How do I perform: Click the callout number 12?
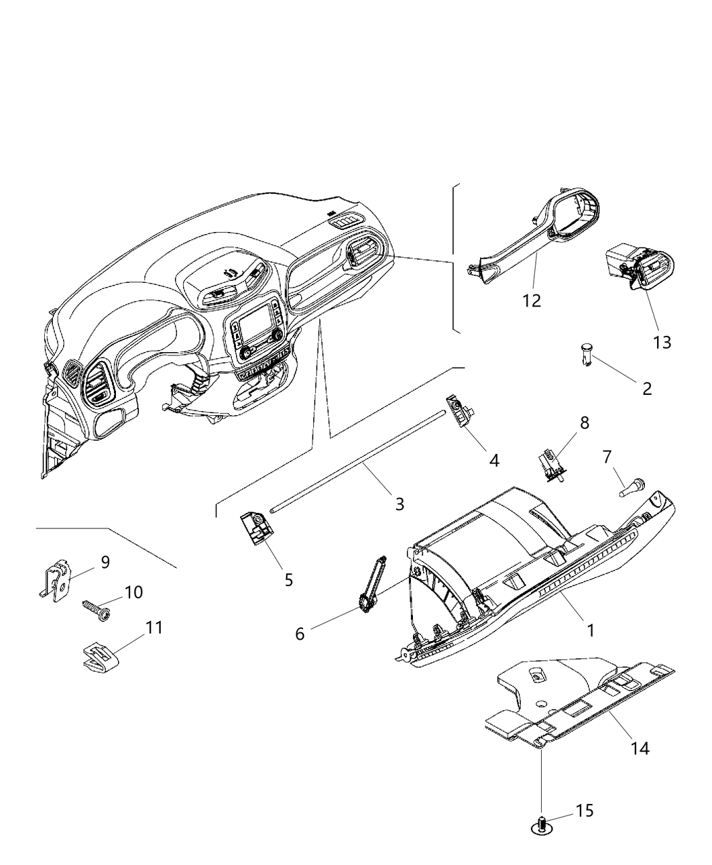coord(532,301)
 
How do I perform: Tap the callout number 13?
coord(662,342)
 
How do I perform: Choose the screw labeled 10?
coord(96,609)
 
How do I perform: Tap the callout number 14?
coord(639,748)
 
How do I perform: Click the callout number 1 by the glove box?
coord(590,630)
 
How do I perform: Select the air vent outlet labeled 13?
coord(639,269)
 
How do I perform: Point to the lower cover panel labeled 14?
coord(576,699)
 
